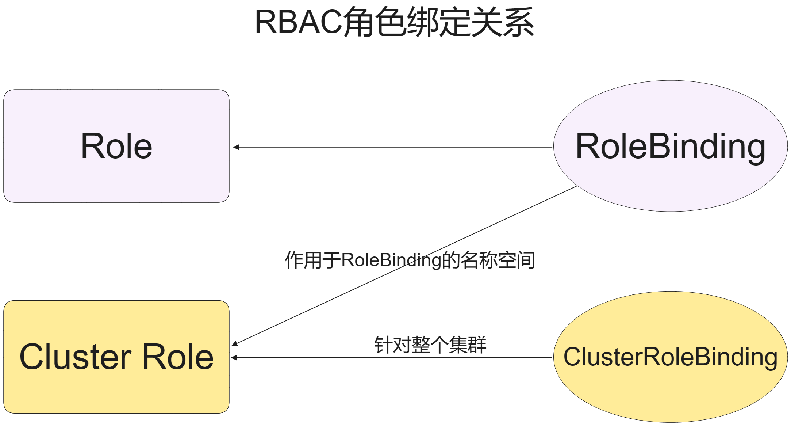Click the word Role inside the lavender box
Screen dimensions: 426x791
tap(116, 146)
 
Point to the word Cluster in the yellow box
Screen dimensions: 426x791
tap(75, 357)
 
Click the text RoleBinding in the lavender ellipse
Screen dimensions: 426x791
tap(670, 146)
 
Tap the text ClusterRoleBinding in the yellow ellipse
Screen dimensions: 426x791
tap(670, 357)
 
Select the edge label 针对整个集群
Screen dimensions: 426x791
tap(430, 345)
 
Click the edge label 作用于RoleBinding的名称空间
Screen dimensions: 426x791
tap(410, 260)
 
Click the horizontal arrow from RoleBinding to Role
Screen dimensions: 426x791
tap(394, 147)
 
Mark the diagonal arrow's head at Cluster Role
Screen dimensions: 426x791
tap(235, 343)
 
